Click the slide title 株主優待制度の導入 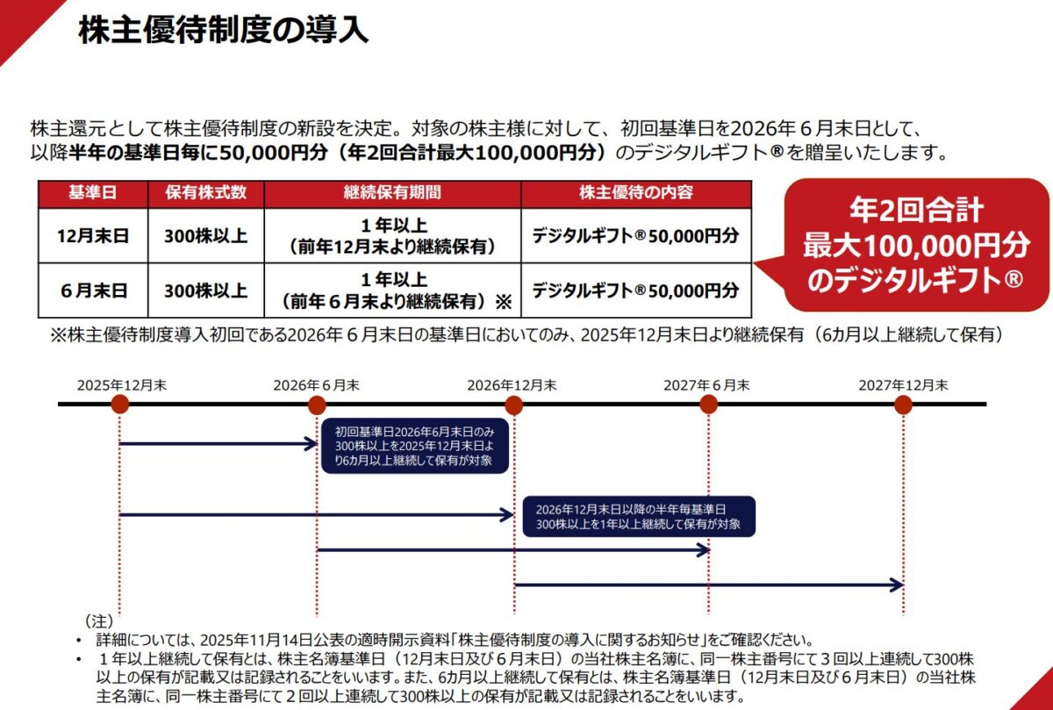[x=223, y=31]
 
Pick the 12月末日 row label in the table [x=92, y=235]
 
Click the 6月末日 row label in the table [x=92, y=290]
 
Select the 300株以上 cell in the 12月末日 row [x=205, y=235]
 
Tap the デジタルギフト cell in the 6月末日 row [x=635, y=290]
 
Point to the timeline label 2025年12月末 [x=121, y=384]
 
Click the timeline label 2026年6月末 [x=316, y=384]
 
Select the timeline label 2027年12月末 [x=903, y=384]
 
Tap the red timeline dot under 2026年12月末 [x=514, y=405]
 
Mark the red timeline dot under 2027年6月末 [x=708, y=405]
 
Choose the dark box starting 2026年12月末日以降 [x=638, y=516]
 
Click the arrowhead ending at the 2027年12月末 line [x=898, y=584]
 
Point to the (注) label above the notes [x=99, y=620]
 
